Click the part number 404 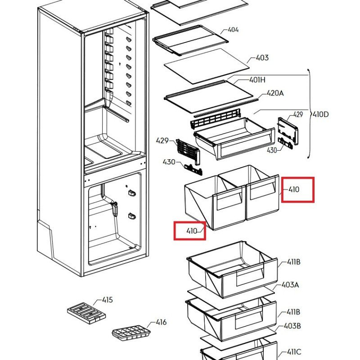[233, 30]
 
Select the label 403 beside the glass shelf [262, 58]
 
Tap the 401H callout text [257, 80]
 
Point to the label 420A [275, 93]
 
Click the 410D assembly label [320, 114]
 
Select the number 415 [107, 300]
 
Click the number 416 [161, 322]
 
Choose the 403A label [290, 285]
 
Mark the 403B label [292, 326]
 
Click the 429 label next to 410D [298, 115]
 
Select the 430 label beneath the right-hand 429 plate [272, 150]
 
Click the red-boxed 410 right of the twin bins [293, 189]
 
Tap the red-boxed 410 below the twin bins [192, 231]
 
